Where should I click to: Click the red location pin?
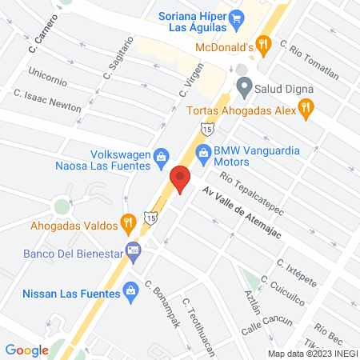pyautogui.click(x=180, y=178)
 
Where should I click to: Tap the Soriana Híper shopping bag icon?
pyautogui.click(x=236, y=16)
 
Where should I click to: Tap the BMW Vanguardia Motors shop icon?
pyautogui.click(x=204, y=151)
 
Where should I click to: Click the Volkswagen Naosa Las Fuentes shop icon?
pyautogui.click(x=161, y=155)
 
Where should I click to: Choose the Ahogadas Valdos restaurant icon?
pyautogui.click(x=126, y=222)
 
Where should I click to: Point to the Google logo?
pyautogui.click(x=27, y=350)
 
